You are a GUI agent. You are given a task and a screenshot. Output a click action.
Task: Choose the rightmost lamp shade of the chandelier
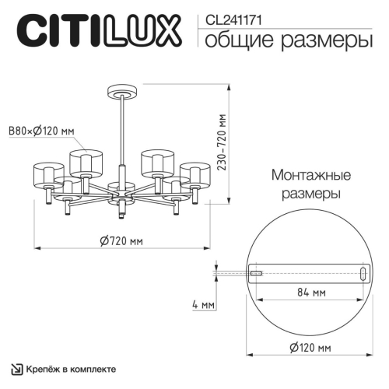pyautogui.click(x=194, y=175)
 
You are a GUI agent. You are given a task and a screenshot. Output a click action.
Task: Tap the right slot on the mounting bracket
pyautogui.click(x=363, y=272)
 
